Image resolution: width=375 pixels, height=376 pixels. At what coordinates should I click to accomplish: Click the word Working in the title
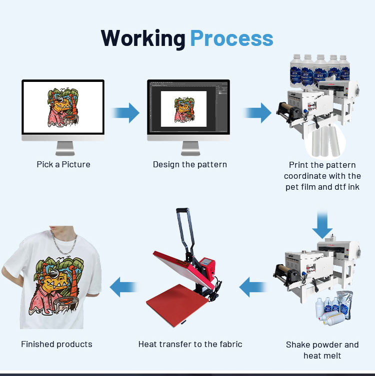click(143, 38)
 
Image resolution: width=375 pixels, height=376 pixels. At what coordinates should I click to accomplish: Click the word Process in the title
click(231, 38)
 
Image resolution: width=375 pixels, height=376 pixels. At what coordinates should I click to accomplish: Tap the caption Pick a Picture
click(63, 164)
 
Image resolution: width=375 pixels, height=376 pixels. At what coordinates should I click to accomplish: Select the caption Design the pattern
click(190, 164)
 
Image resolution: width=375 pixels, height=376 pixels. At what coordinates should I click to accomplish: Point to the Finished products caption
click(56, 344)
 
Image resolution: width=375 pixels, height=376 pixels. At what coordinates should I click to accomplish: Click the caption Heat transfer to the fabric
click(190, 344)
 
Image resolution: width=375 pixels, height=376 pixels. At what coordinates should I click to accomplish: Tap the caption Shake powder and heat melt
click(322, 350)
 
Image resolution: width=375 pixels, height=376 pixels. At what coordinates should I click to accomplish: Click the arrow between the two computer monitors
click(126, 113)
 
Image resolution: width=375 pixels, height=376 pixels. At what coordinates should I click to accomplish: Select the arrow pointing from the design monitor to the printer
click(258, 113)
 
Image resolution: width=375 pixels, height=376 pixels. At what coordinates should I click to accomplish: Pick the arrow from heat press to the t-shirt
click(123, 287)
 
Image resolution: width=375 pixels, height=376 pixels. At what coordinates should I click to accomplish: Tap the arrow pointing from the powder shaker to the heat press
click(253, 287)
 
